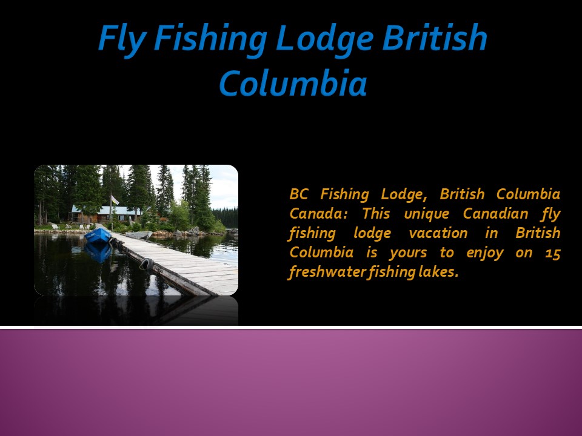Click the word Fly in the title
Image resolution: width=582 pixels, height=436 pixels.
pyautogui.click(x=122, y=39)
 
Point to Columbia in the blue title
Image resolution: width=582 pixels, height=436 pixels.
pyautogui.click(x=292, y=84)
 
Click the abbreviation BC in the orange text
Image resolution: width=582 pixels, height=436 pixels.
pyautogui.click(x=299, y=195)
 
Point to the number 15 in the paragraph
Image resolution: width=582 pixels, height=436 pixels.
pyautogui.click(x=552, y=253)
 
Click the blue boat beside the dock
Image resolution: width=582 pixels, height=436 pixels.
pyautogui.click(x=98, y=236)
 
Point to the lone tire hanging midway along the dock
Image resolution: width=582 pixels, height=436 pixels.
pyautogui.click(x=146, y=264)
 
